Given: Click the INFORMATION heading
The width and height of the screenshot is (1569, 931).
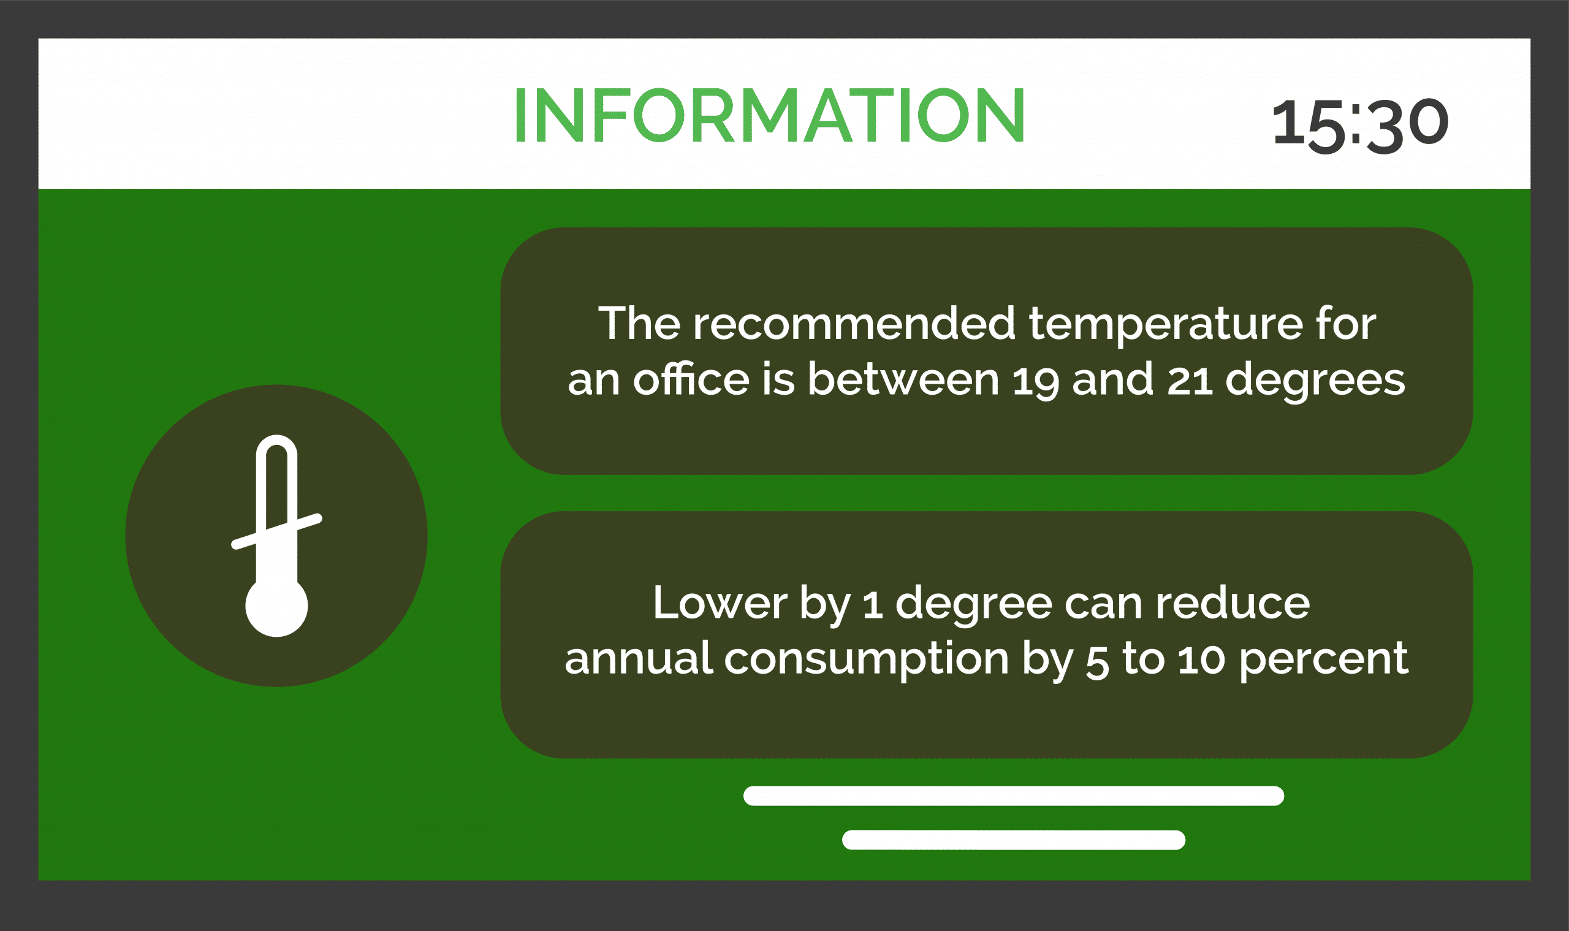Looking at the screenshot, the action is coord(770,115).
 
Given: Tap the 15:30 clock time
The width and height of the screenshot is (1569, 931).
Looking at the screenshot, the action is coord(1360,126).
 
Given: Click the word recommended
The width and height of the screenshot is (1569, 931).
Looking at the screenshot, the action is coord(854,324).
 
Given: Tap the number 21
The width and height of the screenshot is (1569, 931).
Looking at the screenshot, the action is coord(1190,380).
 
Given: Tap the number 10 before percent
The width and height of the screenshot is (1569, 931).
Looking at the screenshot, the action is coord(1201,660).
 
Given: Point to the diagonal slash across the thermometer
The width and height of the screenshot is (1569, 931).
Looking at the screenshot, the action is coord(276,532).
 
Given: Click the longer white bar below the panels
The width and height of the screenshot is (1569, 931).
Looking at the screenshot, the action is coord(1014,796).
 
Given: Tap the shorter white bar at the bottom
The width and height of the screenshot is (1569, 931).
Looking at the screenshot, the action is coord(1014,840).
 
